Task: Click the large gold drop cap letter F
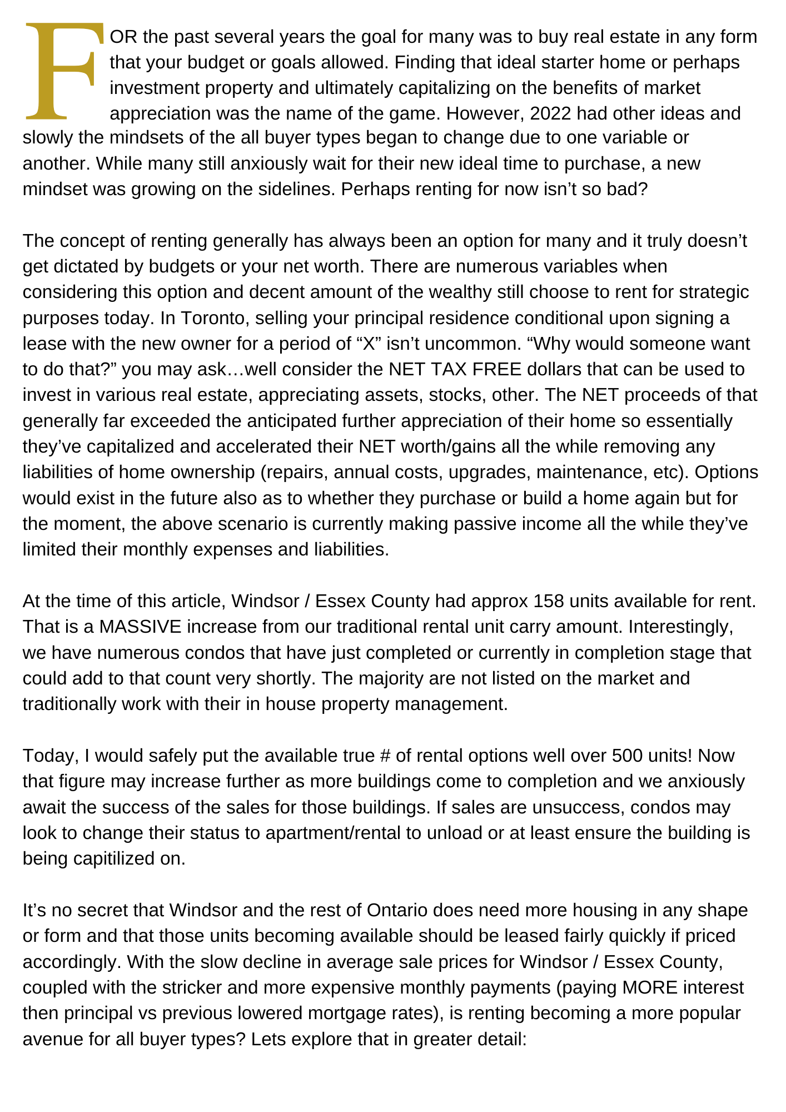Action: pos(64,71)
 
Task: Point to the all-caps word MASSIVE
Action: pos(141,627)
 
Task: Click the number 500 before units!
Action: pos(628,756)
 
